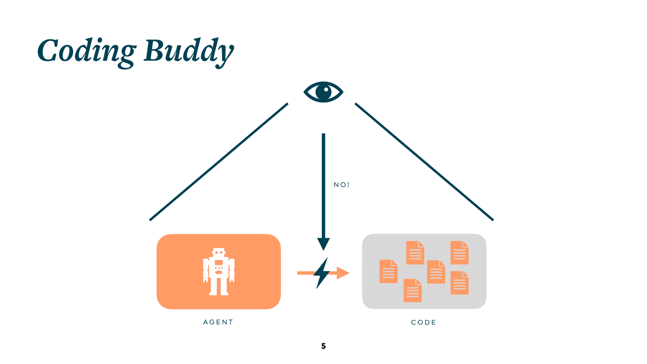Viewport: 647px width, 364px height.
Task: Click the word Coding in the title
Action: [87, 51]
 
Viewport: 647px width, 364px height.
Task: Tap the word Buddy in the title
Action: [188, 51]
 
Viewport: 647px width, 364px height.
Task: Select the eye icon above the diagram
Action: [323, 92]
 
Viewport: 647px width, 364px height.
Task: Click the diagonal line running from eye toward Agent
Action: [218, 162]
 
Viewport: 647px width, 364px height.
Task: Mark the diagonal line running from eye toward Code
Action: [424, 162]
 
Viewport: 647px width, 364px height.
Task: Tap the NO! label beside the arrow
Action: [341, 185]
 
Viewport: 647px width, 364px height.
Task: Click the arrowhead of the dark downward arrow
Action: [323, 243]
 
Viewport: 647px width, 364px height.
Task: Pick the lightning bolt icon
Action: [322, 273]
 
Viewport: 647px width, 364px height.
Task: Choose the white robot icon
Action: [219, 271]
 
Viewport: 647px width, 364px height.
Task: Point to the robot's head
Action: [219, 252]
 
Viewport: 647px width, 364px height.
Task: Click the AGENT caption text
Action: [218, 322]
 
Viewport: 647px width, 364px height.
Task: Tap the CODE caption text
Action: [424, 322]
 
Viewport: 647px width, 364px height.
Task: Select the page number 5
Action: [323, 346]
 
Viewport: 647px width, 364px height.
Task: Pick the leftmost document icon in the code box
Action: [388, 271]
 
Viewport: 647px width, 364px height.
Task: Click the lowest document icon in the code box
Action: [412, 290]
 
